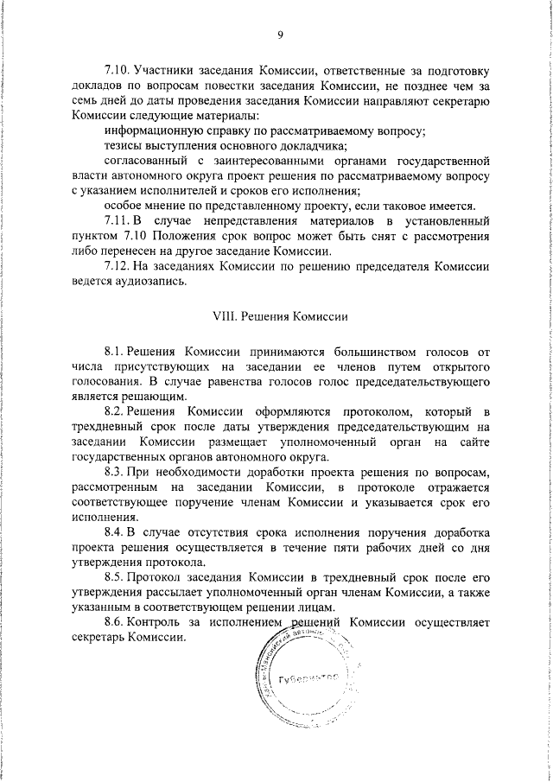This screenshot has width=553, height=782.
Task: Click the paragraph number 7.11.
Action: [118, 220]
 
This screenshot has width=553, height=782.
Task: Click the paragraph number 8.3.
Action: [115, 470]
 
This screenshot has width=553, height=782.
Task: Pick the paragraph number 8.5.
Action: [115, 577]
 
